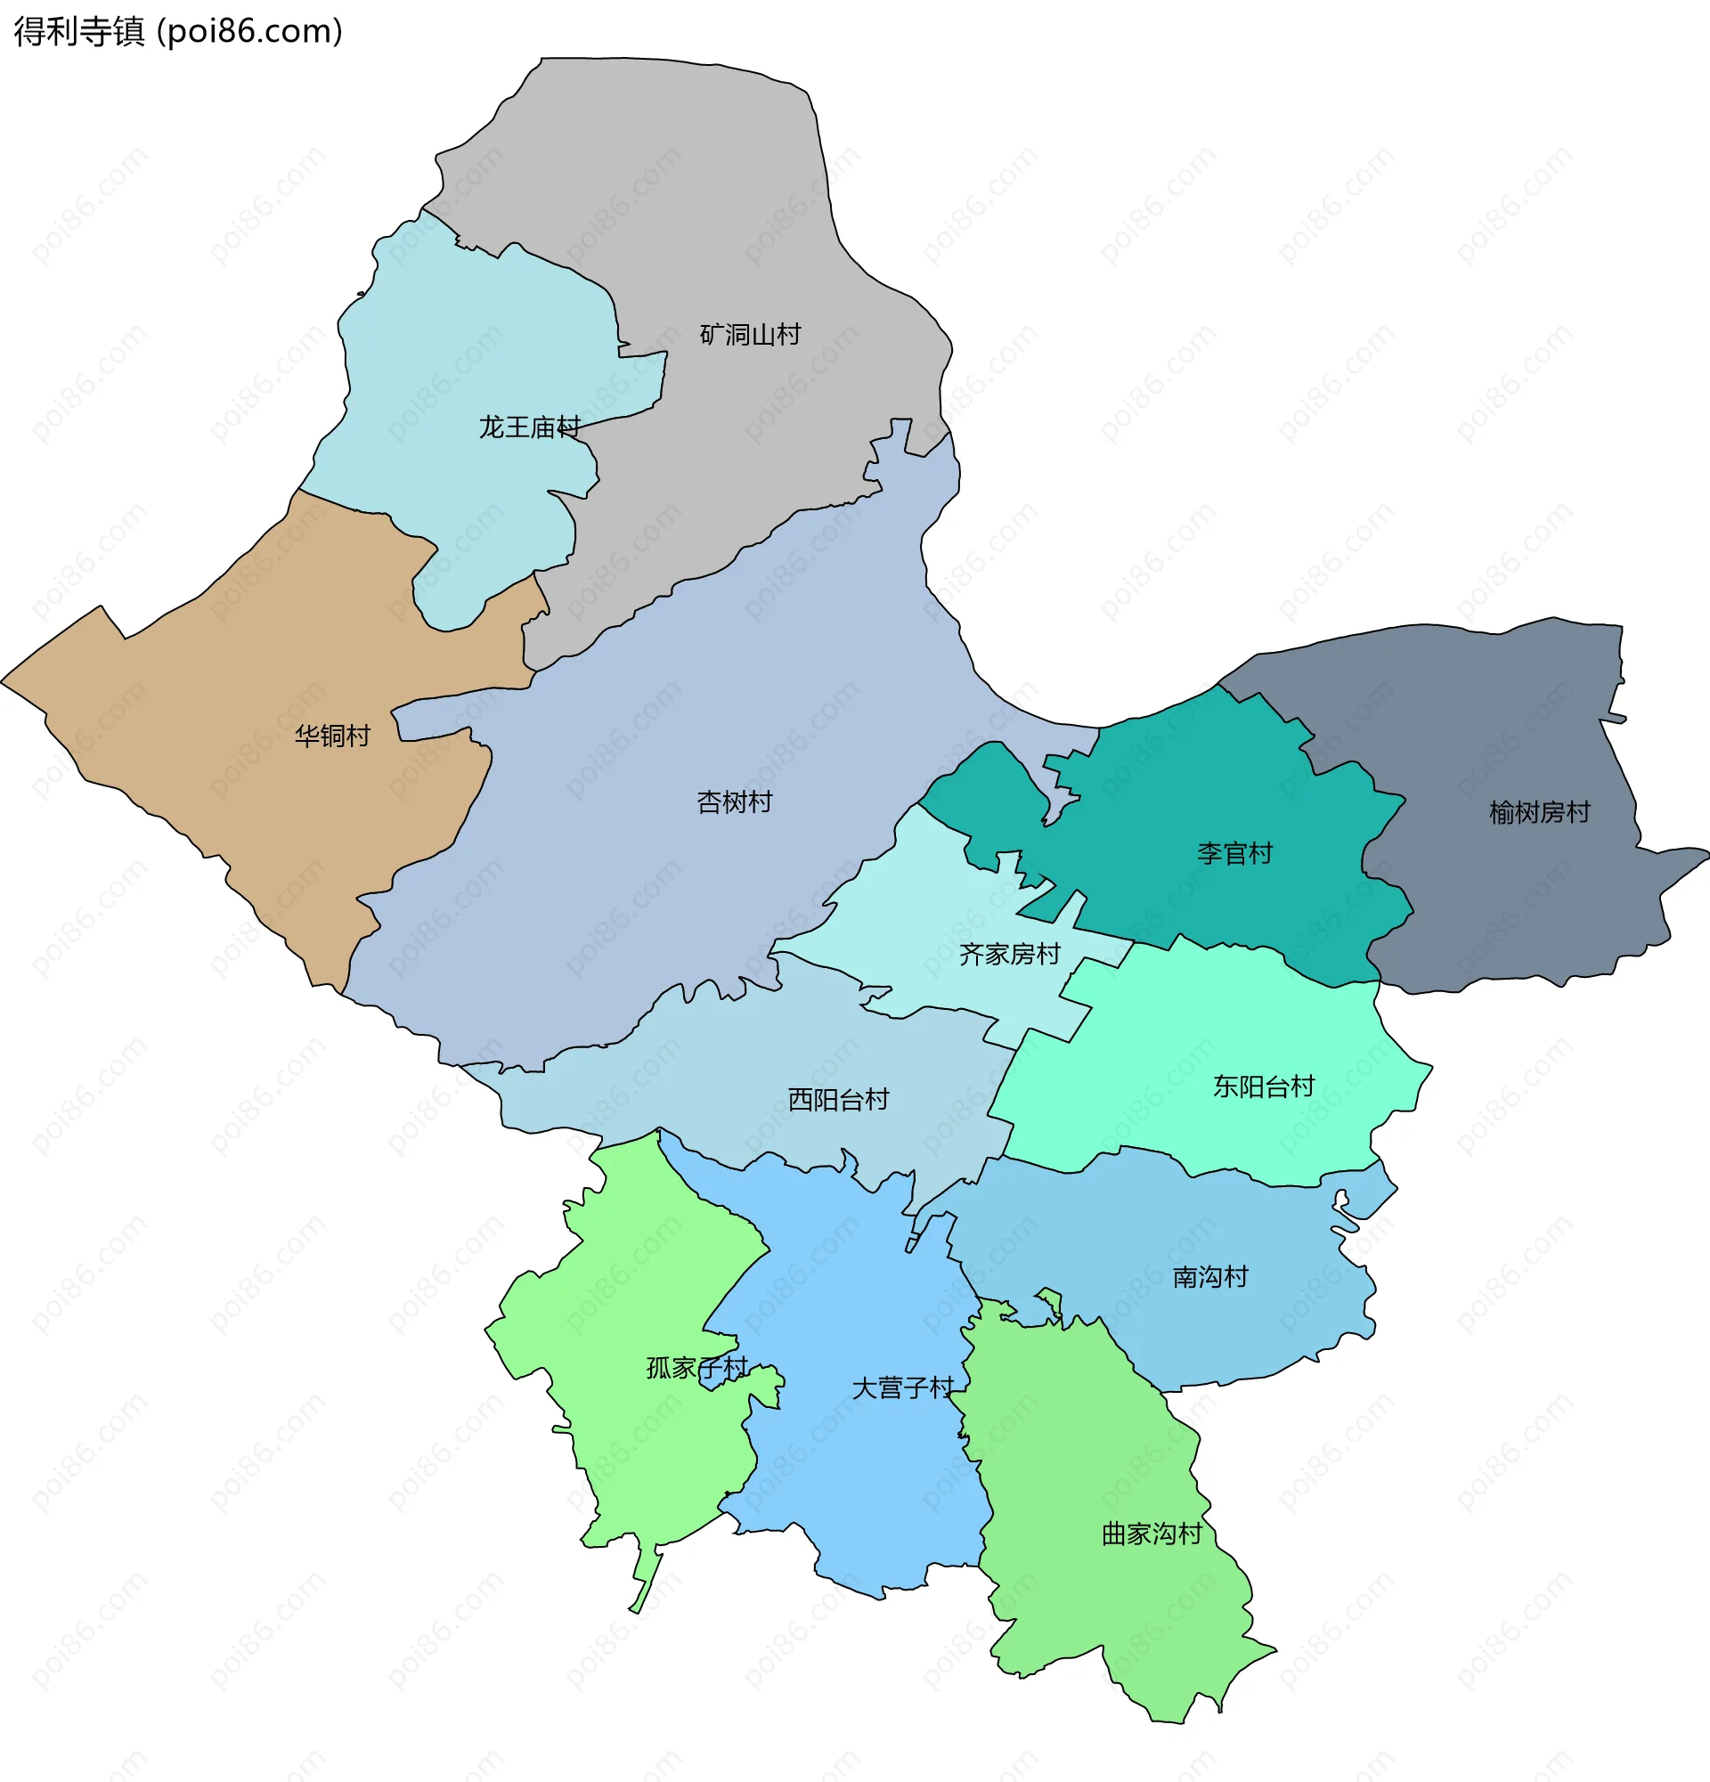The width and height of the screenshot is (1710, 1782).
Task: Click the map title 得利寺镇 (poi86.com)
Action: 178,32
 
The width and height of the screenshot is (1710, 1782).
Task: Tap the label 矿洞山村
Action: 750,335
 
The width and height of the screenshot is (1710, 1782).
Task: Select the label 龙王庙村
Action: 529,427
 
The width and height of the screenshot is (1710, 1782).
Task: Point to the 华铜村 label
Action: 333,736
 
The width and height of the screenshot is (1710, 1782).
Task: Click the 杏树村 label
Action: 735,801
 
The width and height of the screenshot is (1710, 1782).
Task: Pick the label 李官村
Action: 1234,853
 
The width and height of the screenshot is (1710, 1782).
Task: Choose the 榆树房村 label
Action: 1539,812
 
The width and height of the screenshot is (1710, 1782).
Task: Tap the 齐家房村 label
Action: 1010,954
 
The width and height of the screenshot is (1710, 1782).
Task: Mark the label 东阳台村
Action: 1264,1086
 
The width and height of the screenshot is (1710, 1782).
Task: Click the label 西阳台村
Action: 838,1100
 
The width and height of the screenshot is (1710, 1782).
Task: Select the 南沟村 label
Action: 1210,1276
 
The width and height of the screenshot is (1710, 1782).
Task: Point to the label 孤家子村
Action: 696,1367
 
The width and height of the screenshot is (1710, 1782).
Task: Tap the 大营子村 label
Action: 903,1387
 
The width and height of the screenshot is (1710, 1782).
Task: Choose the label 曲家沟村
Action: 1152,1534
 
